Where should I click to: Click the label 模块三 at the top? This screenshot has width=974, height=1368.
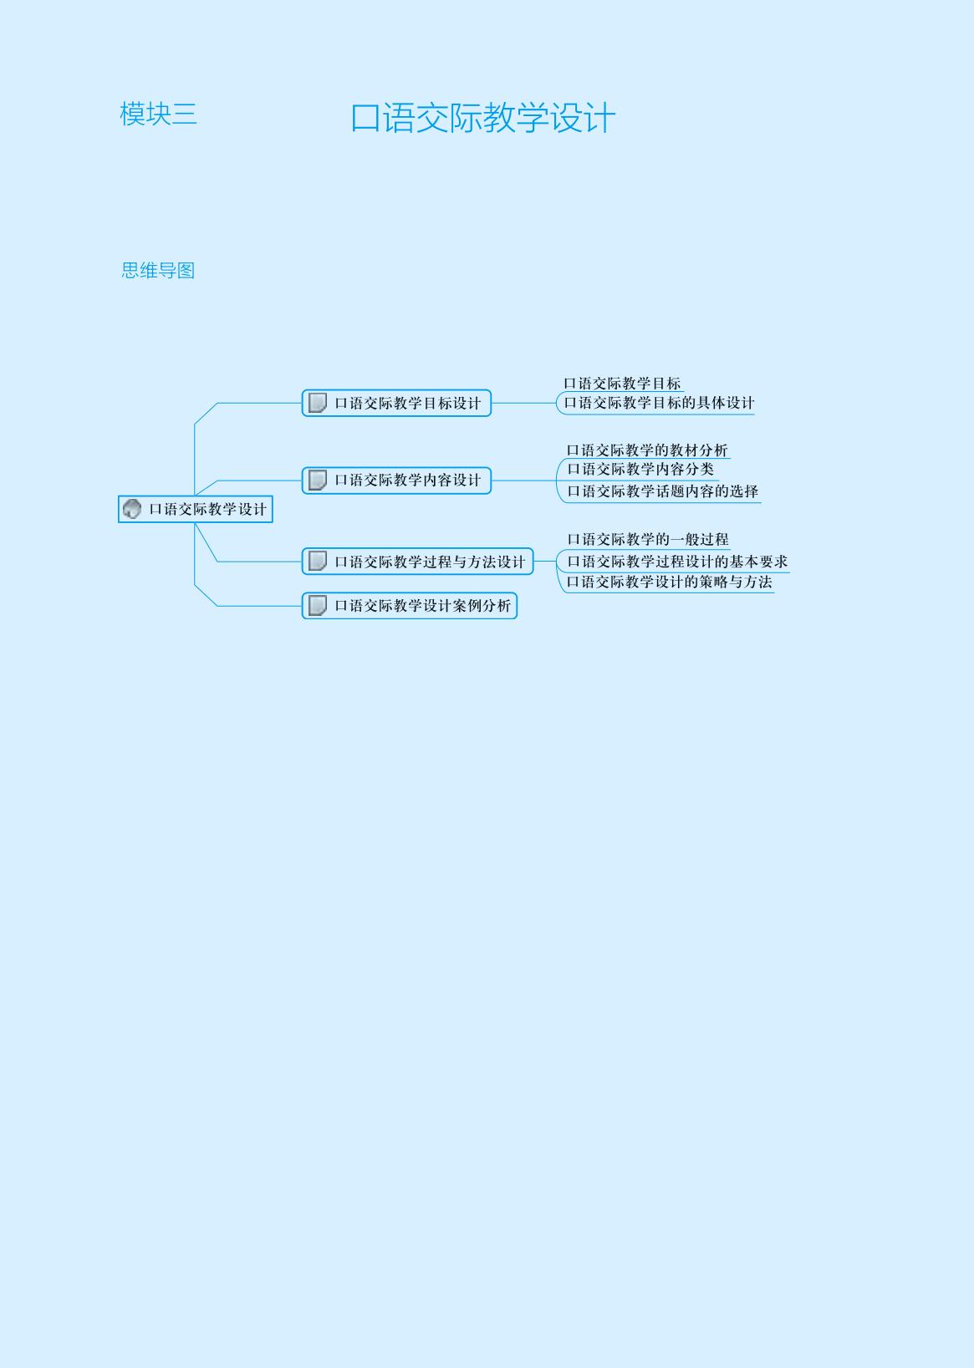pyautogui.click(x=158, y=114)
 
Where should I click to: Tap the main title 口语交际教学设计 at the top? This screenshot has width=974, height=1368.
pyautogui.click(x=482, y=118)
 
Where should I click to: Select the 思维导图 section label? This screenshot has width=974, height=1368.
pyautogui.click(x=158, y=270)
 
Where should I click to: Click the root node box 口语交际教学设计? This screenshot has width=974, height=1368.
pyautogui.click(x=196, y=509)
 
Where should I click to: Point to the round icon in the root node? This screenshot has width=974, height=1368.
pyautogui.click(x=132, y=508)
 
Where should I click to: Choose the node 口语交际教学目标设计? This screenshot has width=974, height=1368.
pyautogui.click(x=396, y=403)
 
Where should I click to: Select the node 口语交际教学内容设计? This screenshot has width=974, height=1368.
pyautogui.click(x=396, y=480)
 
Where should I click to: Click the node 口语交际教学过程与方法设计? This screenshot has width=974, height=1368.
pyautogui.click(x=418, y=562)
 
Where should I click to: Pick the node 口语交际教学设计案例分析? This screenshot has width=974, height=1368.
pyautogui.click(x=410, y=605)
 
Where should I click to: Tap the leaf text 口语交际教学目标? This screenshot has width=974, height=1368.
pyautogui.click(x=622, y=384)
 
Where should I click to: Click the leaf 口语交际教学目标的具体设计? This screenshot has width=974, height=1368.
pyautogui.click(x=659, y=403)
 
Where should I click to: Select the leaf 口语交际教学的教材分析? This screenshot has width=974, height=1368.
pyautogui.click(x=647, y=450)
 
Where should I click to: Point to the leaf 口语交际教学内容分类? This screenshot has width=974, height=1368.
pyautogui.click(x=640, y=469)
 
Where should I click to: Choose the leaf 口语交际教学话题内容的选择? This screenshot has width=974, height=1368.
pyautogui.click(x=662, y=491)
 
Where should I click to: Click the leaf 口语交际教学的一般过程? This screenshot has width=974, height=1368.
pyautogui.click(x=648, y=539)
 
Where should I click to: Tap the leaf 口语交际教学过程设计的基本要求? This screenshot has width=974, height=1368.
pyautogui.click(x=677, y=562)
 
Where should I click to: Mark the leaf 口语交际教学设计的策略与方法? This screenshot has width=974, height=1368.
pyautogui.click(x=669, y=582)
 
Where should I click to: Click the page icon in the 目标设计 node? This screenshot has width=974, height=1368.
pyautogui.click(x=317, y=403)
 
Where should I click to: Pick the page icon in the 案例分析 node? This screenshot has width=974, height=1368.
pyautogui.click(x=317, y=605)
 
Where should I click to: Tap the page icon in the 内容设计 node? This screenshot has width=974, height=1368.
pyautogui.click(x=317, y=480)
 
